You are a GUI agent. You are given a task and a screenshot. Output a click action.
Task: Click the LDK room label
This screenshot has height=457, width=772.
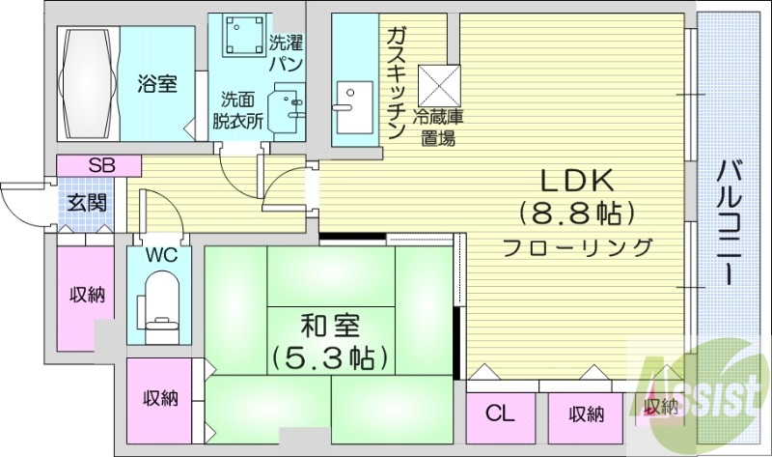click(x=577, y=179)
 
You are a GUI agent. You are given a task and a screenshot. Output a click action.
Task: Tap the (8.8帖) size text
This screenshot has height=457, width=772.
click(x=577, y=211)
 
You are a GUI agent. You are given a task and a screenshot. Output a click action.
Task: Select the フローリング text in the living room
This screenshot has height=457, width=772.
click(x=577, y=247)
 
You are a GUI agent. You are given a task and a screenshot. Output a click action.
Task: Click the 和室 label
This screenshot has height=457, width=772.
click(x=328, y=323)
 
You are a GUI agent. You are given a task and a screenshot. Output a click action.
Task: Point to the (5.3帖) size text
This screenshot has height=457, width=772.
click(x=328, y=357)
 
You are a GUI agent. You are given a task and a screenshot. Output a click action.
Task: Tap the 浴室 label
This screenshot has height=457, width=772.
click(x=155, y=84)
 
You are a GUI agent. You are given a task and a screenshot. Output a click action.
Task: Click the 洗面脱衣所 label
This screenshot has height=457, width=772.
click(x=237, y=110)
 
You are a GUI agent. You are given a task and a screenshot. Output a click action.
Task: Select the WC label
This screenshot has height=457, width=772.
click(x=159, y=257)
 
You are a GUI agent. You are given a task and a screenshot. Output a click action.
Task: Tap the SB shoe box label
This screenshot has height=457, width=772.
click(x=100, y=165)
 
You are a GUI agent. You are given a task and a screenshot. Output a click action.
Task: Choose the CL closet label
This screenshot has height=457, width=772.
click(x=498, y=415)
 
